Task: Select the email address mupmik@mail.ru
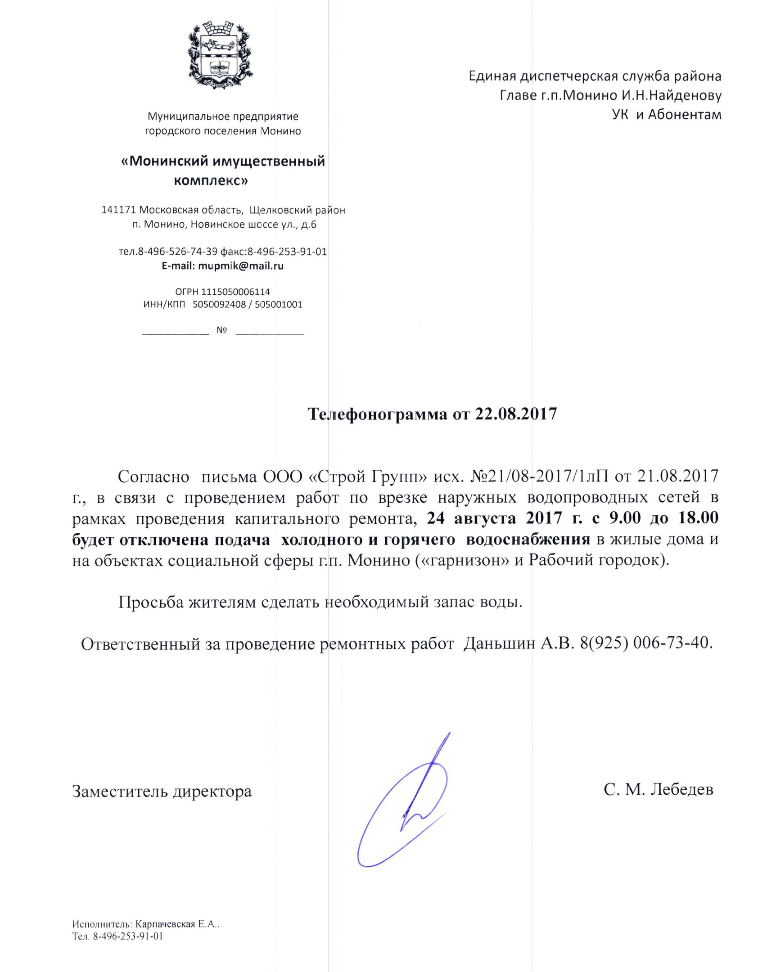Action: click(x=241, y=266)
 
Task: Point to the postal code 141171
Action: click(x=118, y=210)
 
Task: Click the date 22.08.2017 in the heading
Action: click(x=516, y=414)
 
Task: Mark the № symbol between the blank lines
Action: click(x=221, y=330)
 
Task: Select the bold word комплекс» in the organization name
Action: click(x=211, y=181)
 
